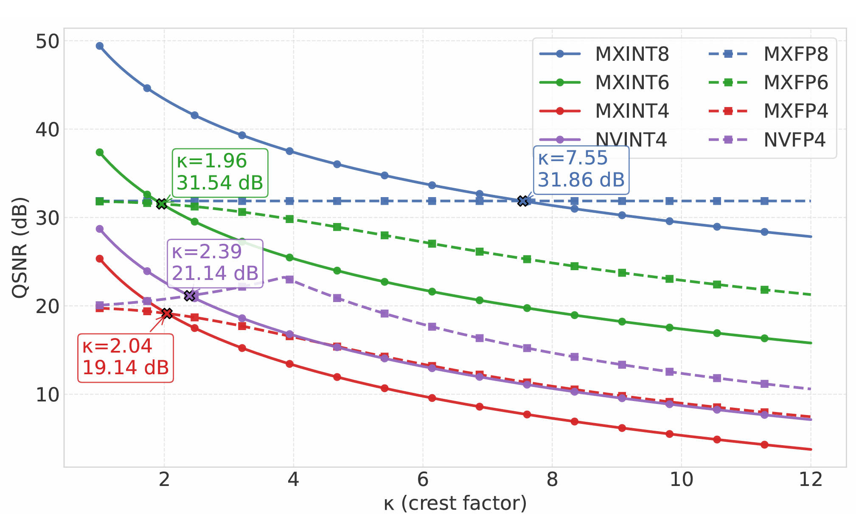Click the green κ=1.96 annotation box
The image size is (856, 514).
(x=220, y=173)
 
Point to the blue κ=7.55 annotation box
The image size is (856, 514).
(x=581, y=169)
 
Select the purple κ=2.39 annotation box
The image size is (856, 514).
(x=215, y=263)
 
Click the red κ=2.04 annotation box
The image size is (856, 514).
(x=126, y=358)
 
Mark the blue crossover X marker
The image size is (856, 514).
(x=523, y=201)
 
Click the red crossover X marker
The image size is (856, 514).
(x=167, y=313)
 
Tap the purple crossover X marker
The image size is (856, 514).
(x=189, y=296)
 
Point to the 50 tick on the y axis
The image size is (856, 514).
(x=47, y=41)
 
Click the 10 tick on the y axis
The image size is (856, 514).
(x=47, y=395)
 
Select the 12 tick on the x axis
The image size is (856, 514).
(x=811, y=480)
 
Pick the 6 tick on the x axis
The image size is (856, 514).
(x=423, y=480)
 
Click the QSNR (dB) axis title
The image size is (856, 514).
(x=20, y=247)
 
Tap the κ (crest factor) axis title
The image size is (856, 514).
(x=455, y=503)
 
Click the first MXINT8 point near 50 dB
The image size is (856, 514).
(x=100, y=46)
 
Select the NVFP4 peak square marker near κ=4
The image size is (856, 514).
(x=289, y=279)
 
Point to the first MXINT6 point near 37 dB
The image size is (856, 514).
(x=100, y=152)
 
